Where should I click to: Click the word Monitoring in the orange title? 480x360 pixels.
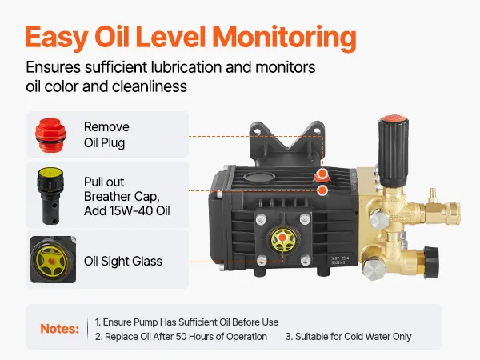[284, 38]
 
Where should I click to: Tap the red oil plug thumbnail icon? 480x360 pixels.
[51, 135]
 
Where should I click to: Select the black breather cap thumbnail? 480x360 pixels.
[51, 196]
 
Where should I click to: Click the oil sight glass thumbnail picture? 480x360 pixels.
[53, 259]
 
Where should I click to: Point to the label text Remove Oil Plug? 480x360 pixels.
[106, 134]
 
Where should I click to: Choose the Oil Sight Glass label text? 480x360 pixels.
[123, 261]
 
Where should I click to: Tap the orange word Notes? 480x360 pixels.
[60, 329]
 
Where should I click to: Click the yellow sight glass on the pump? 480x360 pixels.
[282, 239]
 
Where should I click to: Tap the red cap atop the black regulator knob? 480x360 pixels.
[394, 118]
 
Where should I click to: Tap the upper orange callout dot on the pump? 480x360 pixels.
[322, 174]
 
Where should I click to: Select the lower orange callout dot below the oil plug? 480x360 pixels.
[322, 190]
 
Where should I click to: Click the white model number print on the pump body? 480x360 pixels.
[340, 261]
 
